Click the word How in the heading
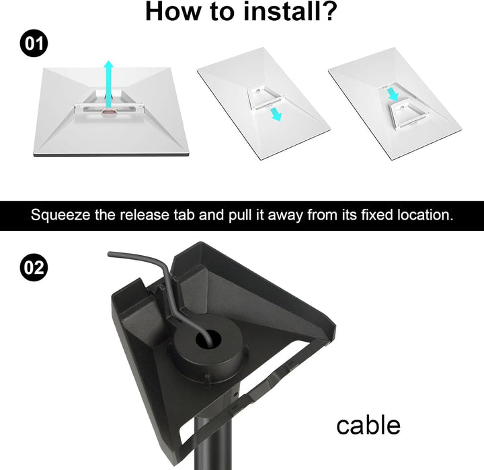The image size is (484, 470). (173, 11)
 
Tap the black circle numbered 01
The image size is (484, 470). (34, 43)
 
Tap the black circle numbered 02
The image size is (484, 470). (34, 267)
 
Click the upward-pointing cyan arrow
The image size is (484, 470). (108, 85)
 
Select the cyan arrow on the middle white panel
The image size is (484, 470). (276, 114)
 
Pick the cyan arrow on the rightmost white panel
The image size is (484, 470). (393, 94)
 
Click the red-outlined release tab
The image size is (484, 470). (108, 112)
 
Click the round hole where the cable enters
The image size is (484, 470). (208, 340)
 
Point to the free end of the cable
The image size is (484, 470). (110, 254)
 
